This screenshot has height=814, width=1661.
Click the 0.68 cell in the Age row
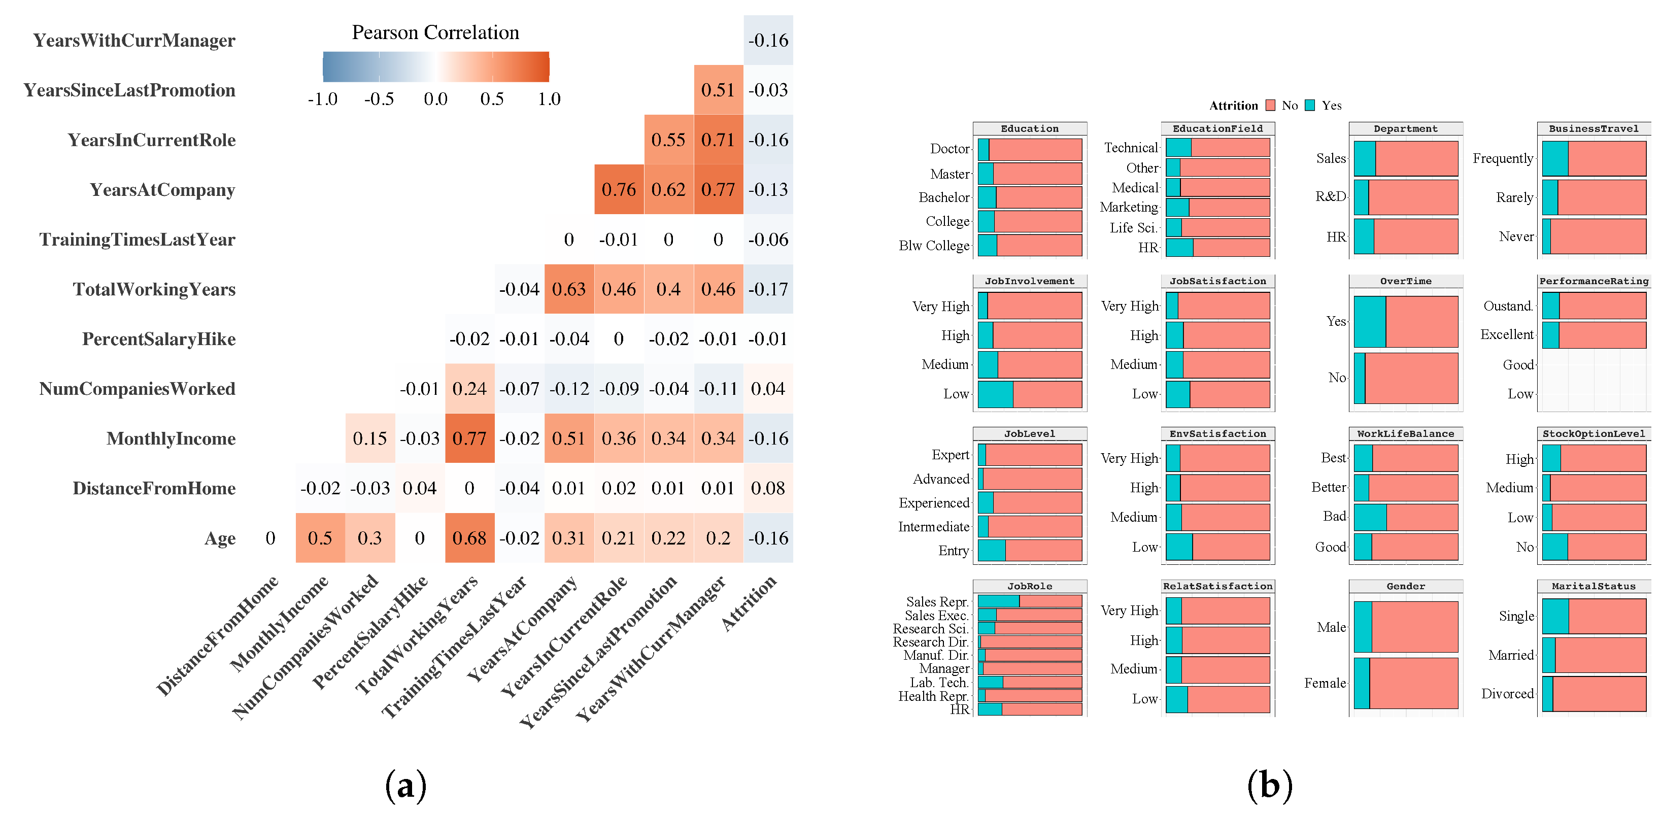tap(469, 538)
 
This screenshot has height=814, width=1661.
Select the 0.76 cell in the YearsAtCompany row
tap(618, 190)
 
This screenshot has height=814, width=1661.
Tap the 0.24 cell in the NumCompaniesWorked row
tap(469, 389)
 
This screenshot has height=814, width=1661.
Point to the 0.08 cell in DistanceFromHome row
tap(767, 488)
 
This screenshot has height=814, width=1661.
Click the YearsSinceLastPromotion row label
tap(129, 90)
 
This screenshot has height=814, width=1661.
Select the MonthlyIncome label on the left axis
tap(171, 438)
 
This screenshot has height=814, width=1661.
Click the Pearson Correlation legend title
tap(435, 32)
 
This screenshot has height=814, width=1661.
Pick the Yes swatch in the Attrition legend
tap(1310, 105)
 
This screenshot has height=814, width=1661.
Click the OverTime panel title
tap(1405, 281)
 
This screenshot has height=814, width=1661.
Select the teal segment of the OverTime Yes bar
tap(1370, 321)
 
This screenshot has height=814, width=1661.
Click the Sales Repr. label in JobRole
tap(937, 602)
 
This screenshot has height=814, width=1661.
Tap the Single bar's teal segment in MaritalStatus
tap(1555, 616)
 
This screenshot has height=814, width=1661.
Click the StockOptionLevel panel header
tap(1594, 434)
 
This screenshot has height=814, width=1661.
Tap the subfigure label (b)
tap(1269, 786)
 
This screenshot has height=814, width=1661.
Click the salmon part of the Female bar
tap(1413, 683)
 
